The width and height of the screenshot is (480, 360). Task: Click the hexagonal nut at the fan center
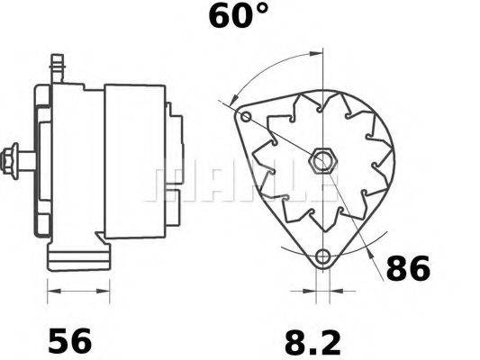(322, 163)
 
